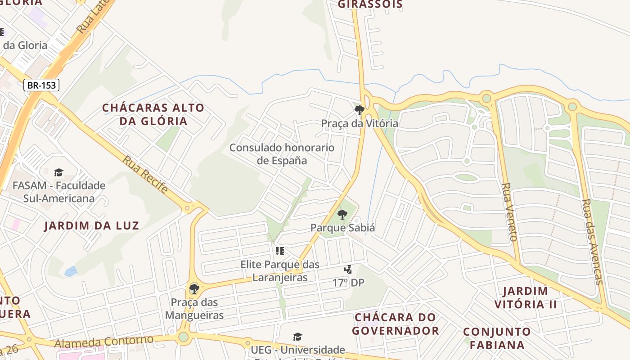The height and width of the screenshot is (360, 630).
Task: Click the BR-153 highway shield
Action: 41,85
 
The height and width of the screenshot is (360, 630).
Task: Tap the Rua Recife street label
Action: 145,175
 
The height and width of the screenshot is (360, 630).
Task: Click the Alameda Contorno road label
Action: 104,342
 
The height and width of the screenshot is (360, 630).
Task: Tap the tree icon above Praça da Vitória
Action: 359,110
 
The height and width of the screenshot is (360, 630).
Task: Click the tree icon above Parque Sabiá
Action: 342,215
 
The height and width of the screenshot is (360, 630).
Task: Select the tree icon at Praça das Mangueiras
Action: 194,288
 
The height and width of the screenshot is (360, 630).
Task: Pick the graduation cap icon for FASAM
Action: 58,172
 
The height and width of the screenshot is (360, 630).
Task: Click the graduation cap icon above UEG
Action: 297,337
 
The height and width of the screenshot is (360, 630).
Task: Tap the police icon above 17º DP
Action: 348,270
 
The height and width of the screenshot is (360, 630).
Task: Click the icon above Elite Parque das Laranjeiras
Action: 280,251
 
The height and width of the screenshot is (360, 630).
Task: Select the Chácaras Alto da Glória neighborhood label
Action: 153,114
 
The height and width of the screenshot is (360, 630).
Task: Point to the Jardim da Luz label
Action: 91,225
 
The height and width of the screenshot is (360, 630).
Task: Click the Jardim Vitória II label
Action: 526,297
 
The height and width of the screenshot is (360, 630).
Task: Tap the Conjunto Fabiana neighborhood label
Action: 497,338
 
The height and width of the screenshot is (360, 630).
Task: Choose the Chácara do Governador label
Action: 396,324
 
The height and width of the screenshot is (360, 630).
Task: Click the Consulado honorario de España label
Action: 282,154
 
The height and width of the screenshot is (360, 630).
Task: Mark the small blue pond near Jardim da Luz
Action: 71,271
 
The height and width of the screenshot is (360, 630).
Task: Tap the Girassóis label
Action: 370,4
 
